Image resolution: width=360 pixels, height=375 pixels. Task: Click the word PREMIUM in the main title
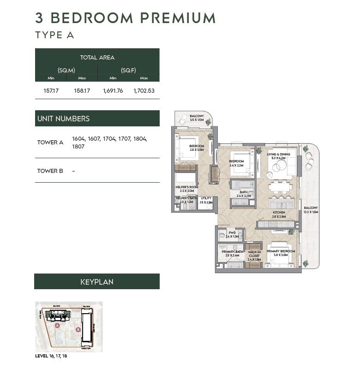(178, 18)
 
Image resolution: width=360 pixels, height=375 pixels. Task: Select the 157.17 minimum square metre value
(51, 91)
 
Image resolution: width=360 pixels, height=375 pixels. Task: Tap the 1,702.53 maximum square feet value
(144, 91)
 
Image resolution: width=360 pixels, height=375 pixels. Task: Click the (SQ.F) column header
(128, 70)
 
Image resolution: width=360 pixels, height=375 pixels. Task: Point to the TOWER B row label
(50, 171)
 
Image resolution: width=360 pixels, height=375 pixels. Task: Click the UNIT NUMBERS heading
(63, 119)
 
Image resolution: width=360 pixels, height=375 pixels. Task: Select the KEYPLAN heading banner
(97, 281)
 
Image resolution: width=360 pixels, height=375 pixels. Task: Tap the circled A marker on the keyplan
(57, 325)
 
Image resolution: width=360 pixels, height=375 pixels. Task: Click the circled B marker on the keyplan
(78, 330)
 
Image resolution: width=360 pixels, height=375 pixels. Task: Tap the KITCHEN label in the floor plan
(279, 213)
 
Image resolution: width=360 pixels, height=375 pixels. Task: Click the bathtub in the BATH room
(241, 185)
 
